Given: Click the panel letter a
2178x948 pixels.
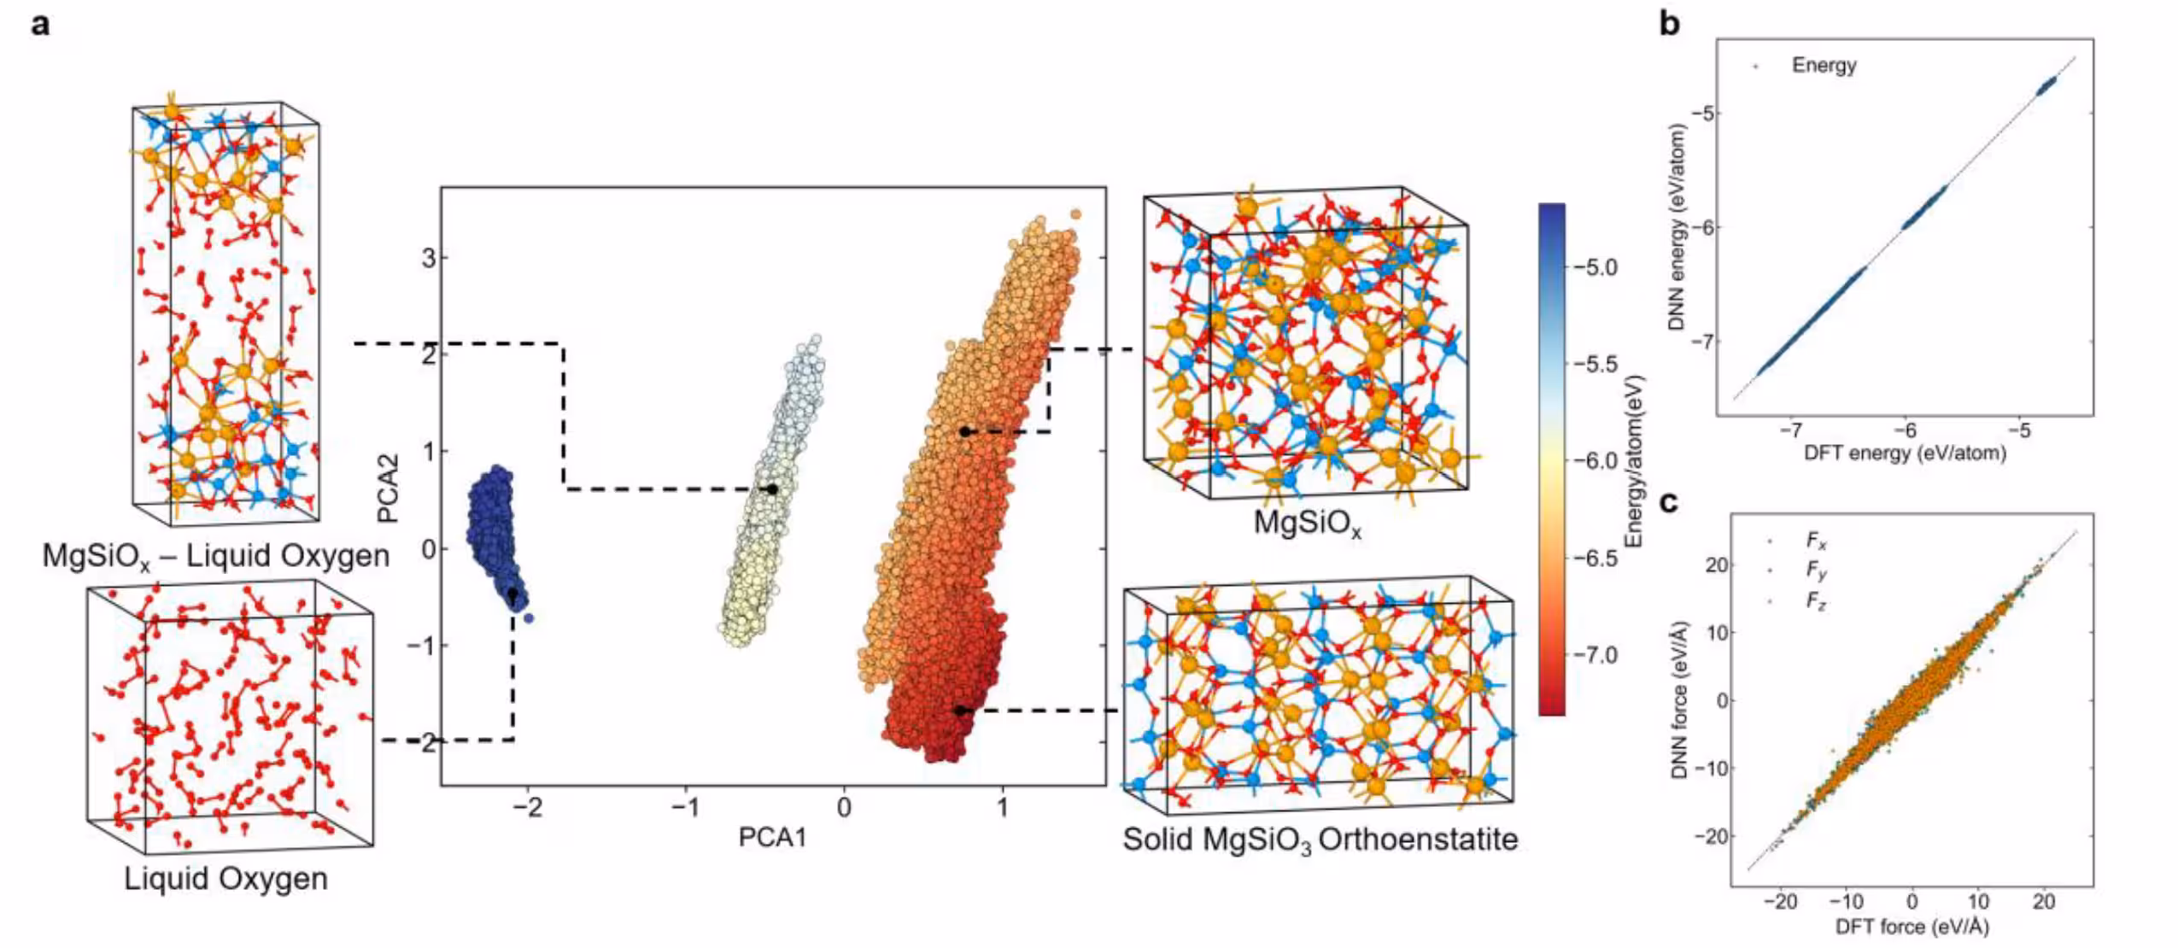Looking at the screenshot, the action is click(x=40, y=24).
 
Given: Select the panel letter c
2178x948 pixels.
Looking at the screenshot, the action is click(x=1668, y=502).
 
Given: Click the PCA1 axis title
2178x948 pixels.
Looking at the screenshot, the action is click(x=772, y=838).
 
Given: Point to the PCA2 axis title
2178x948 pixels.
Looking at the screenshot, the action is click(x=389, y=489).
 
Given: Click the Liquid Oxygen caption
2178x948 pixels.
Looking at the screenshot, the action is click(x=225, y=879).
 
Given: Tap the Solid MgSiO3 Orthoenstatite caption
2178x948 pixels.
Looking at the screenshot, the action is click(x=1320, y=840).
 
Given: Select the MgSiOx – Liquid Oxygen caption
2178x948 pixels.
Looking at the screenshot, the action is click(x=216, y=557).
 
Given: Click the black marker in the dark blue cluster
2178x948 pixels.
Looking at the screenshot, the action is click(x=512, y=594).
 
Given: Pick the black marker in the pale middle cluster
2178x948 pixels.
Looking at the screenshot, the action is click(x=772, y=489).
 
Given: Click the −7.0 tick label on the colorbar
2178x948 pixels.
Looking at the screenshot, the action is click(x=1595, y=655).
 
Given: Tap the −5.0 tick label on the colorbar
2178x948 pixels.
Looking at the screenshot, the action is click(x=1595, y=267).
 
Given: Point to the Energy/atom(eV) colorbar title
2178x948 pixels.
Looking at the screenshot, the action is click(x=1634, y=461).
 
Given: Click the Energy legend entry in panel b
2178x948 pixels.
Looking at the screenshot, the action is click(x=1824, y=65).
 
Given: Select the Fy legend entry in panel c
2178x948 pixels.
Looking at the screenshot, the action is click(x=1816, y=570).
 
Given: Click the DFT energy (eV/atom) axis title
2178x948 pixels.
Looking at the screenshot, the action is click(x=1905, y=453).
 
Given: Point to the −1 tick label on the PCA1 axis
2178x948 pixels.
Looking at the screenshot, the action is click(x=688, y=807).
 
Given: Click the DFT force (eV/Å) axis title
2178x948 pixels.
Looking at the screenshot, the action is click(x=1912, y=927).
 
